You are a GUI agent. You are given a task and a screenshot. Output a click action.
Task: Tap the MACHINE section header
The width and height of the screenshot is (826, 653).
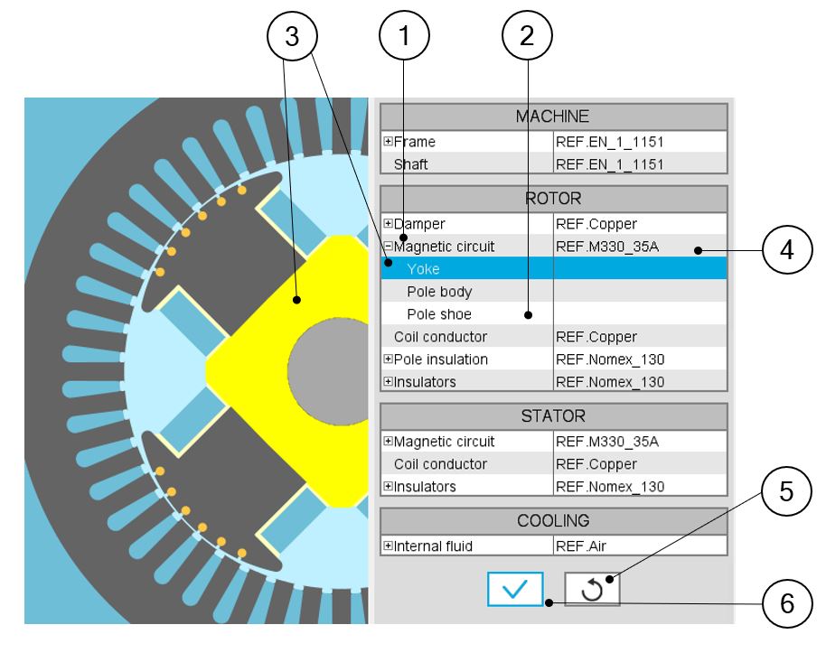tap(553, 117)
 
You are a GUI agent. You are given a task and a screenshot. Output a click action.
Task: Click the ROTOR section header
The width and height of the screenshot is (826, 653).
tap(553, 198)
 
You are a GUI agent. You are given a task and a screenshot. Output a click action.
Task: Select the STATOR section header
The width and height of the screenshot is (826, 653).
tap(553, 416)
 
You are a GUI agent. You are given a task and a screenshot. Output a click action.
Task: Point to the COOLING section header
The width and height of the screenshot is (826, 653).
tap(553, 521)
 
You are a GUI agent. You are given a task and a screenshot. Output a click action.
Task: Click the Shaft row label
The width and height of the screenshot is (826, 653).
tap(411, 164)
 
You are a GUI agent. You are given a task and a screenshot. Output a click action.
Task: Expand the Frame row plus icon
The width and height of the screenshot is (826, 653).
tap(388, 142)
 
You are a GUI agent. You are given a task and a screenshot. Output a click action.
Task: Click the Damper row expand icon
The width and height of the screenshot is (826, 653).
tap(388, 223)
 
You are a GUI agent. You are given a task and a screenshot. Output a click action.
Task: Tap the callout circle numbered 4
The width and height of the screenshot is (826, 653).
tap(786, 250)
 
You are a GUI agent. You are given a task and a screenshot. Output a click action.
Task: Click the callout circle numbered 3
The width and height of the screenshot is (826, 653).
tap(291, 37)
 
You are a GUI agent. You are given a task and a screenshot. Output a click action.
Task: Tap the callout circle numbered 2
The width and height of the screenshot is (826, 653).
tap(527, 37)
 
